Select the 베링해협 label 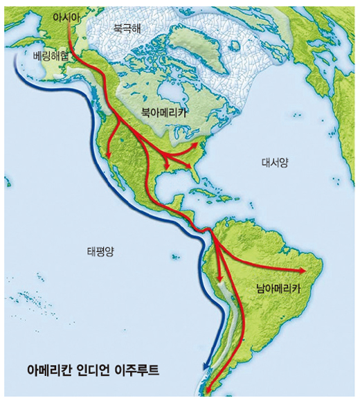[x=51, y=55]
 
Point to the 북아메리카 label [x=165, y=111]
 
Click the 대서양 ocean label [x=275, y=162]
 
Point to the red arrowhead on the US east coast [x=200, y=145]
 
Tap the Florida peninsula [x=199, y=181]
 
